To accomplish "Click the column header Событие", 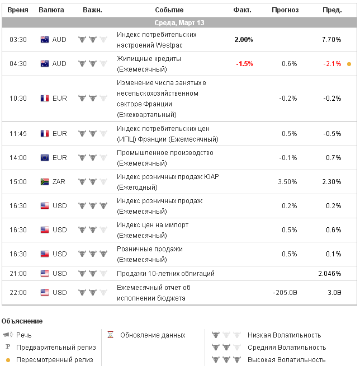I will click(x=169, y=10).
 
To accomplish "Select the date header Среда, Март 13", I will click(x=179, y=23).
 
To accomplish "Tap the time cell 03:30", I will click(x=18, y=40).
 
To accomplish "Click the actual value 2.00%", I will click(x=243, y=40).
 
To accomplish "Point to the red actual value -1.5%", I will click(x=244, y=64).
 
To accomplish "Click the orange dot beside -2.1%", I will click(x=349, y=64).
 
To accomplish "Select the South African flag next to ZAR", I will click(x=45, y=181).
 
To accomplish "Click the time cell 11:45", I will click(x=18, y=134).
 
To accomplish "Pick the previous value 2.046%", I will click(x=330, y=274).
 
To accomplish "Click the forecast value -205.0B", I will click(x=285, y=293).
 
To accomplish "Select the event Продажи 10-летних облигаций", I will click(x=165, y=274).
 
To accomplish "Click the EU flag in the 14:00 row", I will click(x=45, y=158).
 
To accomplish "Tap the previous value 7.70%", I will click(x=331, y=40).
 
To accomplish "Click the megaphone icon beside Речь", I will click(x=8, y=335).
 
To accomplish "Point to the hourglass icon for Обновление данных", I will click(x=111, y=335).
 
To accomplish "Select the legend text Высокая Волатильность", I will click(x=286, y=360).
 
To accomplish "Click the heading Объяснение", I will click(x=22, y=321).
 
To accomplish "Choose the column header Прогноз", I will click(x=285, y=10).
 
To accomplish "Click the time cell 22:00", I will click(x=18, y=293).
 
